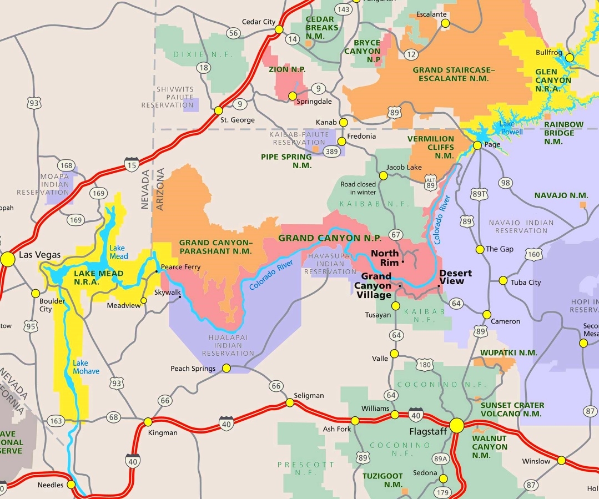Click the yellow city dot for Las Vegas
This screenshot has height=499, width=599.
coord(8,259)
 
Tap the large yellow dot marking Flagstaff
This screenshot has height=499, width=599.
coord(456,426)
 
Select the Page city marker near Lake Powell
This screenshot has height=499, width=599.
coord(477,145)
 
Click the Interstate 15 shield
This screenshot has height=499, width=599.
coord(132,163)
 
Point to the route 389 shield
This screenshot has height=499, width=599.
coord(332,152)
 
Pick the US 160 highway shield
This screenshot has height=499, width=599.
coord(534,254)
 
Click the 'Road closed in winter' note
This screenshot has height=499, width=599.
coord(358,188)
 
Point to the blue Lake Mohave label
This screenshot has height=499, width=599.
coord(86,367)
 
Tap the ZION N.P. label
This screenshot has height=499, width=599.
coord(287,69)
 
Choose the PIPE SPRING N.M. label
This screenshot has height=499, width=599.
coord(286,161)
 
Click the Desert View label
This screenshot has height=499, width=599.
coord(455,277)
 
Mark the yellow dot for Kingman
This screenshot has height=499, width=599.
coord(148,422)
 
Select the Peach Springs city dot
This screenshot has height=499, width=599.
coord(226,368)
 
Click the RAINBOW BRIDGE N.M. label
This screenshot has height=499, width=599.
coord(563,133)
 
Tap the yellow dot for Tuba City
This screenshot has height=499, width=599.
coord(503,281)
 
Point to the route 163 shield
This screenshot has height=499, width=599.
coord(56,420)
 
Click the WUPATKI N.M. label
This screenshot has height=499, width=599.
coord(509,352)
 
